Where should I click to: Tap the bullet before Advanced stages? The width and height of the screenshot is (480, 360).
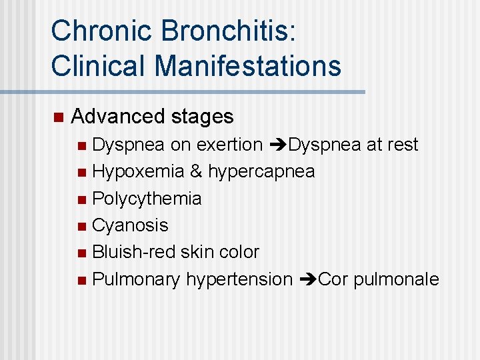click(57, 117)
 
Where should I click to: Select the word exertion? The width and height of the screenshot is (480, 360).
click(233, 145)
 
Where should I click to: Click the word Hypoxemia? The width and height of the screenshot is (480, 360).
click(138, 171)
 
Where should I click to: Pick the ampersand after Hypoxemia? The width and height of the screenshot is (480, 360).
click(196, 171)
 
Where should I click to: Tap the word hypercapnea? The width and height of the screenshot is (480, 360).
click(261, 172)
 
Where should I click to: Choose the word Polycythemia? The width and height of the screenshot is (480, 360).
click(147, 199)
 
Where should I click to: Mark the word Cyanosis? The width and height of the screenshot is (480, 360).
click(130, 225)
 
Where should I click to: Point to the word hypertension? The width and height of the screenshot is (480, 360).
click(239, 279)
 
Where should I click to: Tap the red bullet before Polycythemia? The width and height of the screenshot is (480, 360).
click(81, 199)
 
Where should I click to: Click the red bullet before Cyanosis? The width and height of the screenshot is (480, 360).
click(81, 226)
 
